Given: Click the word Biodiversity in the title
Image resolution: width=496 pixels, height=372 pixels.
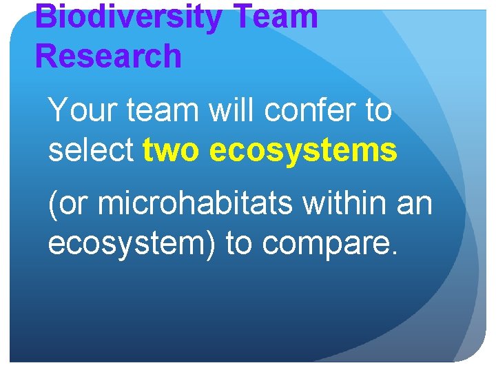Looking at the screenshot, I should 128,17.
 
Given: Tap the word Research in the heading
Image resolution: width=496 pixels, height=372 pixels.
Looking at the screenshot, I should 108,55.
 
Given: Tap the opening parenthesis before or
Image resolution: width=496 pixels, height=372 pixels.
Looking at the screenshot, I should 52,205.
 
